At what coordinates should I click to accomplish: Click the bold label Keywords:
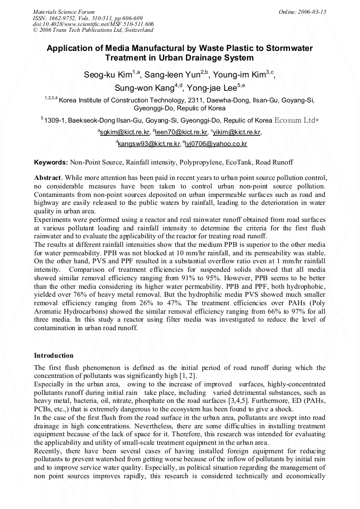[x=51, y=162]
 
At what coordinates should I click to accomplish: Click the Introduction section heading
[x=54, y=355]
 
